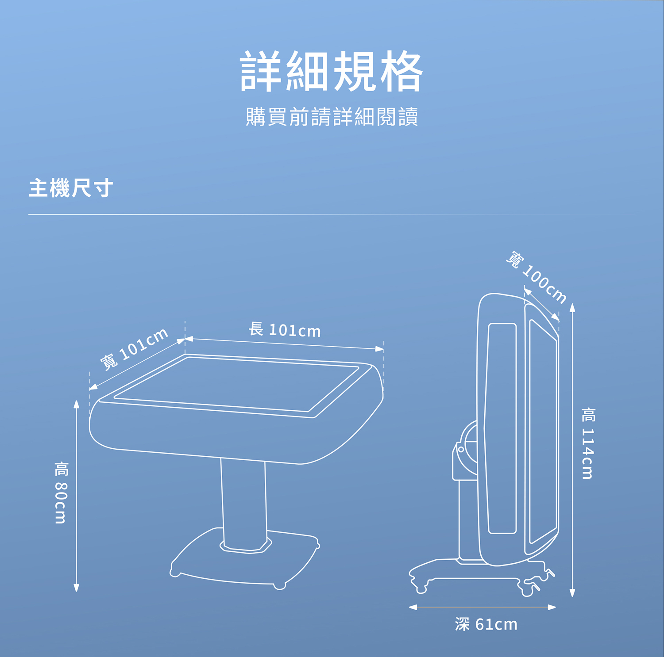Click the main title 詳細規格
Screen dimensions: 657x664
(x=332, y=71)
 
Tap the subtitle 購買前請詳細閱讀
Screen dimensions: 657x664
(x=332, y=117)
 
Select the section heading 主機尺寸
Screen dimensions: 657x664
(x=71, y=188)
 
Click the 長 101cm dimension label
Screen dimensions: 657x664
(x=284, y=330)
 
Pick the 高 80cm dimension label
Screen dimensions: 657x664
(x=61, y=492)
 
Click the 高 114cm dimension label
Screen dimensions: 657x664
(x=588, y=443)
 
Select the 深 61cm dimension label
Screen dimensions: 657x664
(x=486, y=624)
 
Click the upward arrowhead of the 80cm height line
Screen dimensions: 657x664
(x=76, y=405)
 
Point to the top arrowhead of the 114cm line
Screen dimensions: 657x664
(x=572, y=308)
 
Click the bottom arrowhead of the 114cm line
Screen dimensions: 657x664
(x=572, y=592)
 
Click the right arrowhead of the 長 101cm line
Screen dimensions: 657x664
(x=379, y=349)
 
